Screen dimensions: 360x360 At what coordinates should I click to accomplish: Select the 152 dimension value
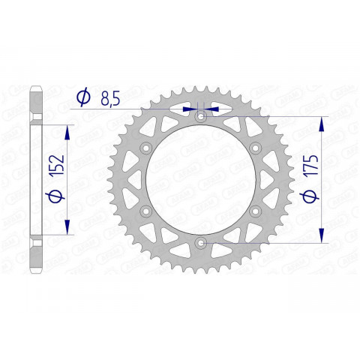[55, 164]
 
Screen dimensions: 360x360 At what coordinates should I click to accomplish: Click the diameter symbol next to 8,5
[84, 97]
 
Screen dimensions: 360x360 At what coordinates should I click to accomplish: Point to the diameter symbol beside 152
[55, 196]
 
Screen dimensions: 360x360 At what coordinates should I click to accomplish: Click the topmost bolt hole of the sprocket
[199, 116]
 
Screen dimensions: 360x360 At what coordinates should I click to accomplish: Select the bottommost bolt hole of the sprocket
[199, 241]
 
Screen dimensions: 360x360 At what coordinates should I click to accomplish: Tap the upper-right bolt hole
[254, 147]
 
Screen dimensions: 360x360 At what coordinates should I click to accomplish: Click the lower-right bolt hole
[254, 210]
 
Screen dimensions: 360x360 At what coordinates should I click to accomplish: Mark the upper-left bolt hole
[145, 147]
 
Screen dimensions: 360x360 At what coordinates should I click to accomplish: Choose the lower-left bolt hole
[145, 210]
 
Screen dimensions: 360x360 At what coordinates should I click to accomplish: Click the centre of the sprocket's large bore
[199, 178]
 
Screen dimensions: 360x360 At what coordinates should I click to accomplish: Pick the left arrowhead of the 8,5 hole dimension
[189, 108]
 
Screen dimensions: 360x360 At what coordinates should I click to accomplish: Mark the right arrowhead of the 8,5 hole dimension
[211, 108]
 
